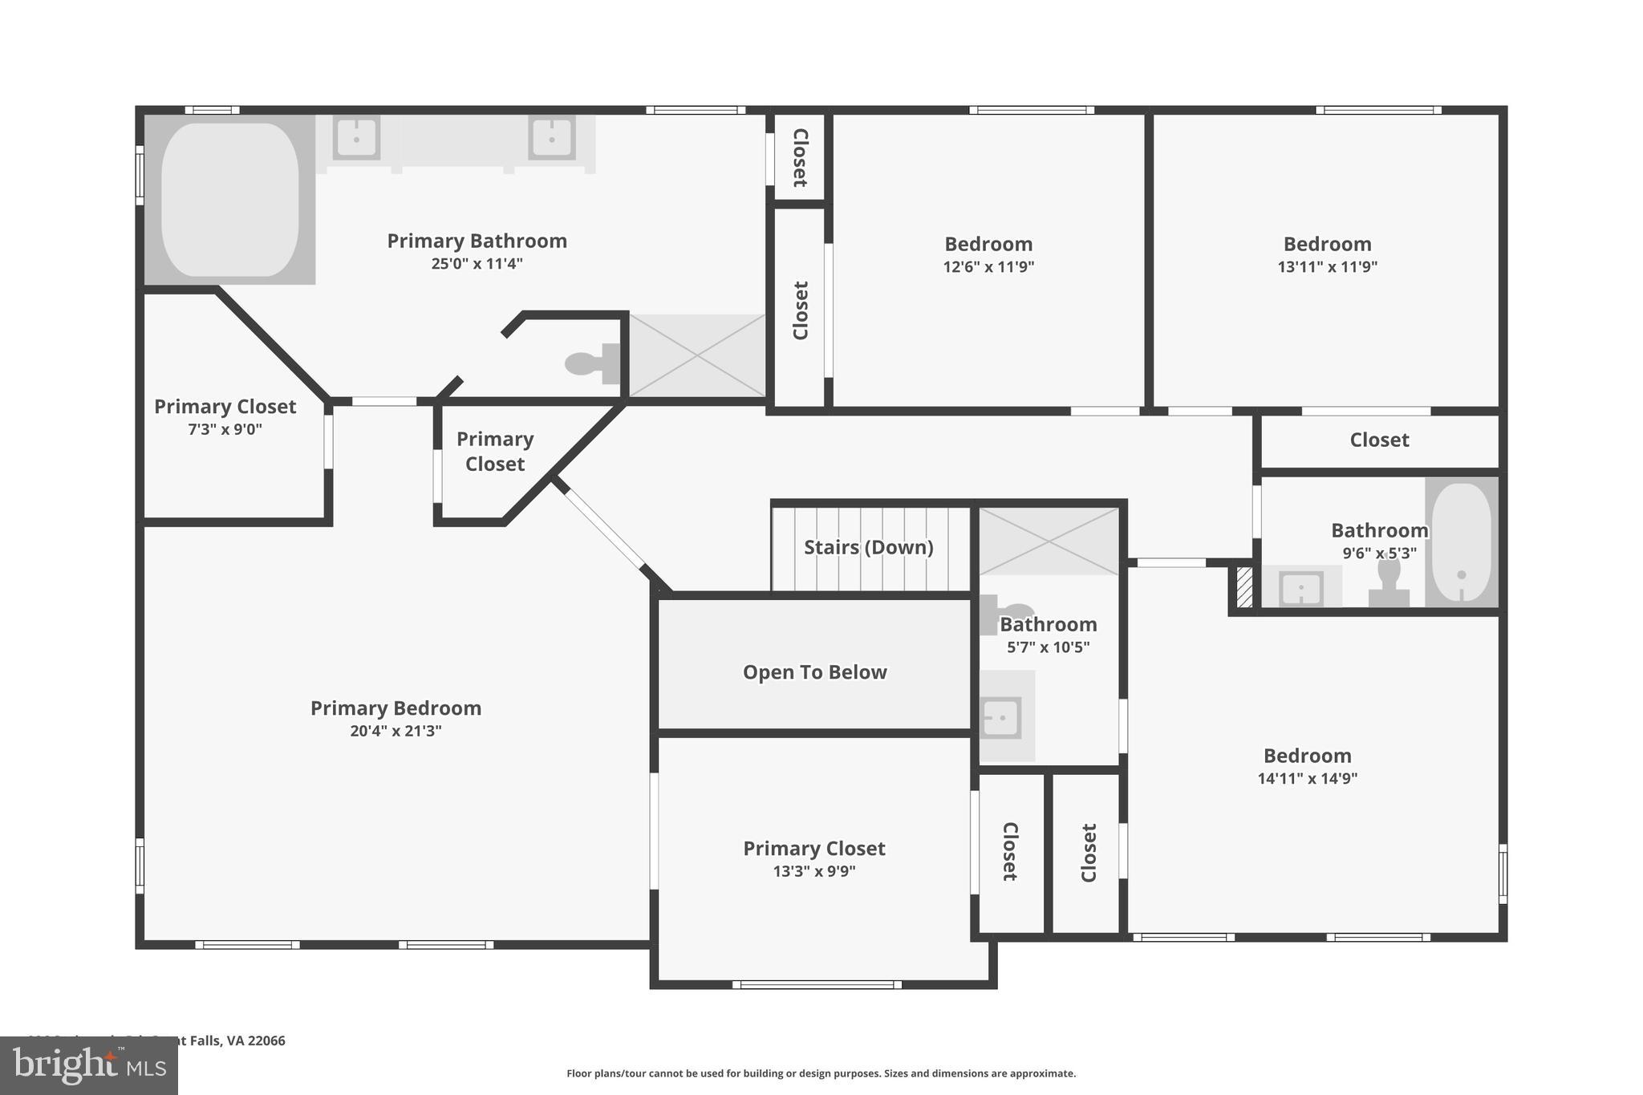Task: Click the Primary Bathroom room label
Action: point(477,241)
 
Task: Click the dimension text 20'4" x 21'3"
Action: point(396,731)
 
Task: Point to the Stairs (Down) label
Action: point(868,547)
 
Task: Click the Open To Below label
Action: point(814,672)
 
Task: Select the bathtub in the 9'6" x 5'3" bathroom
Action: point(1461,542)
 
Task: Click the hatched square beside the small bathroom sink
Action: point(1244,587)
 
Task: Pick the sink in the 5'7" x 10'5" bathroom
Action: point(1001,717)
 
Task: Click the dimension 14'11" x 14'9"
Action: point(1307,778)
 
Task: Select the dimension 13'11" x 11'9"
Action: point(1327,267)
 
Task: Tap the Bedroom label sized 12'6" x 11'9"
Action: point(988,244)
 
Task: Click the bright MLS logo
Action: point(88,1065)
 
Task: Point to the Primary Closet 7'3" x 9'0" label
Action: point(225,407)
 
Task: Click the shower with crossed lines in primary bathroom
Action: point(696,355)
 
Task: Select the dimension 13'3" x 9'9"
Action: point(813,871)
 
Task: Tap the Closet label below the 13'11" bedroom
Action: point(1378,440)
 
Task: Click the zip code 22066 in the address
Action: point(266,1040)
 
